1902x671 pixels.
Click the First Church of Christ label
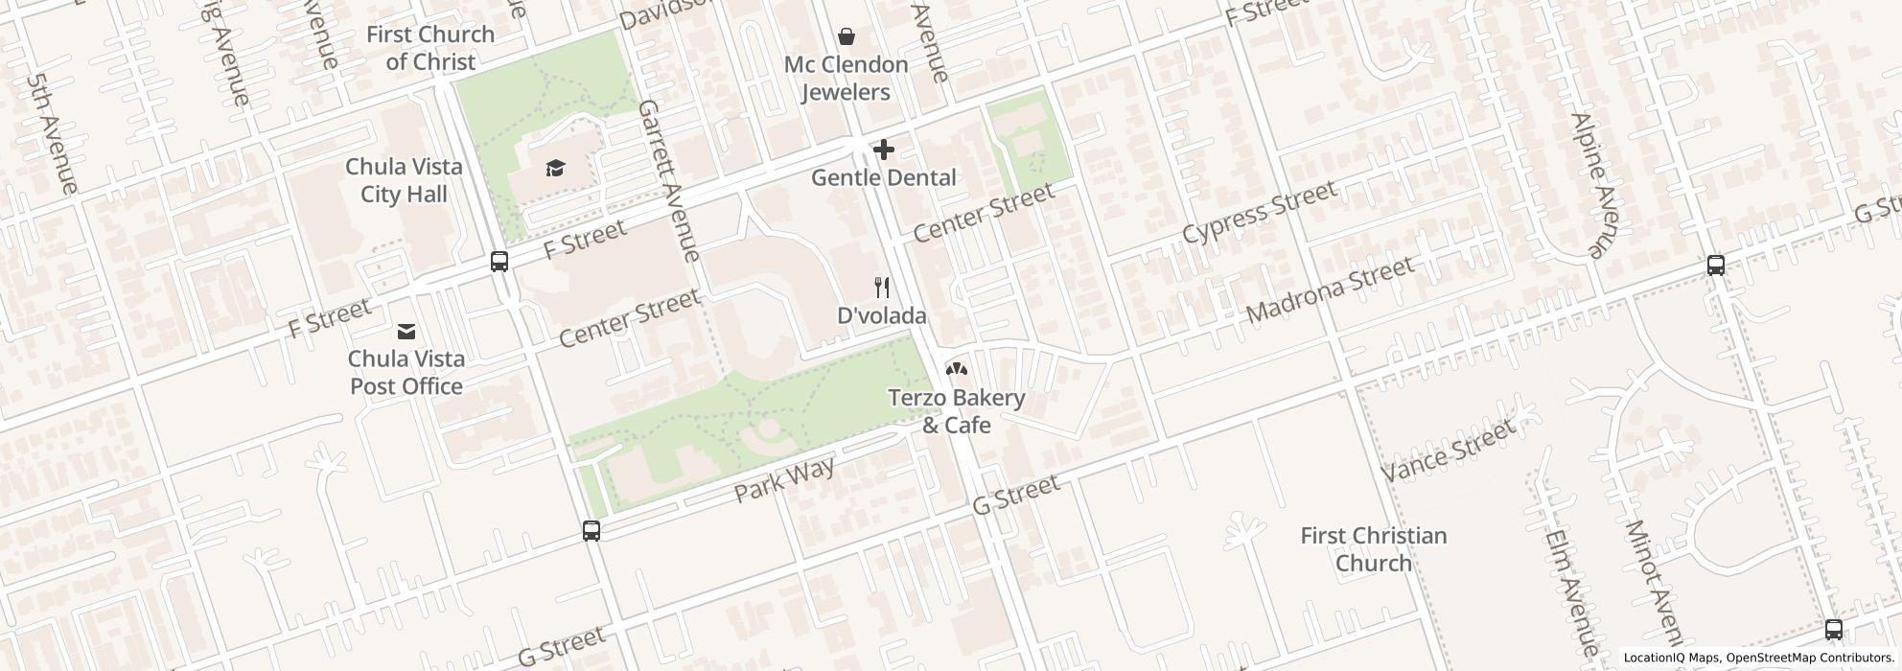pos(429,48)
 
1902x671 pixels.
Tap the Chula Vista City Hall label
pos(404,180)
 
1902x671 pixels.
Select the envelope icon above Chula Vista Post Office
pos(406,332)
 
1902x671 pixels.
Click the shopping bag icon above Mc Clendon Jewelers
pos(847,37)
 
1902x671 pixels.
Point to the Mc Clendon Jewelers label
pos(846,79)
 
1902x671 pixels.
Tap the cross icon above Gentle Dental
pos(884,150)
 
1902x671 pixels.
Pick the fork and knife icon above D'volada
pos(882,287)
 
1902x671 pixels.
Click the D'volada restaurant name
pos(881,315)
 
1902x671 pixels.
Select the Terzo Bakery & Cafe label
pos(956,410)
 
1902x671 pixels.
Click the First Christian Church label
pos(1373,549)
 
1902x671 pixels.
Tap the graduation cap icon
pos(555,169)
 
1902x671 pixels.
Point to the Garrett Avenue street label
pos(669,179)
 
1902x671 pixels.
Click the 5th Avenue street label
pos(52,134)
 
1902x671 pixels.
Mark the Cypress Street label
pos(1258,212)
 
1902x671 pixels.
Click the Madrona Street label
pos(1330,289)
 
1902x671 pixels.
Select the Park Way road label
pos(784,479)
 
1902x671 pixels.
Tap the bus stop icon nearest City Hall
pos(499,261)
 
